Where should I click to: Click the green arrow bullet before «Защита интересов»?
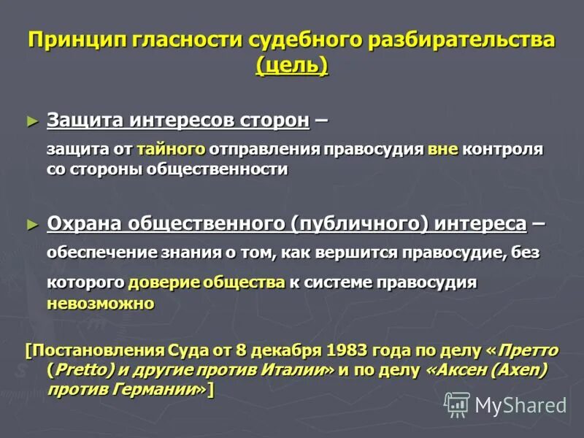pyautogui.click(x=31, y=118)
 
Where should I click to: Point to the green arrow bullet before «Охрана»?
pyautogui.click(x=31, y=222)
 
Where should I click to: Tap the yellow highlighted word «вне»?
pyautogui.click(x=443, y=150)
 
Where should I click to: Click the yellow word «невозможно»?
pyautogui.click(x=100, y=303)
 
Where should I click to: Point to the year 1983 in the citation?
pyautogui.click(x=352, y=350)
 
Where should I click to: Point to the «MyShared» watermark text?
pyautogui.click(x=520, y=406)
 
